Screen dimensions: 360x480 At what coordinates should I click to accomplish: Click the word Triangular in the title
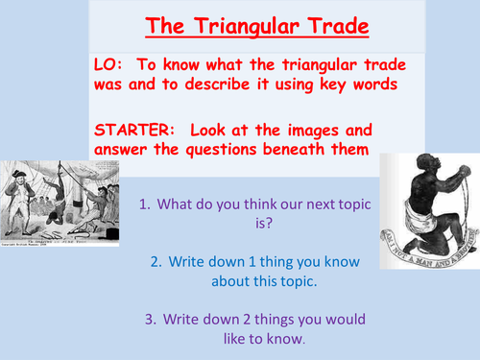240,26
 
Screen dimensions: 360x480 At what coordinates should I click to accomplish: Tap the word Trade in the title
330,26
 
